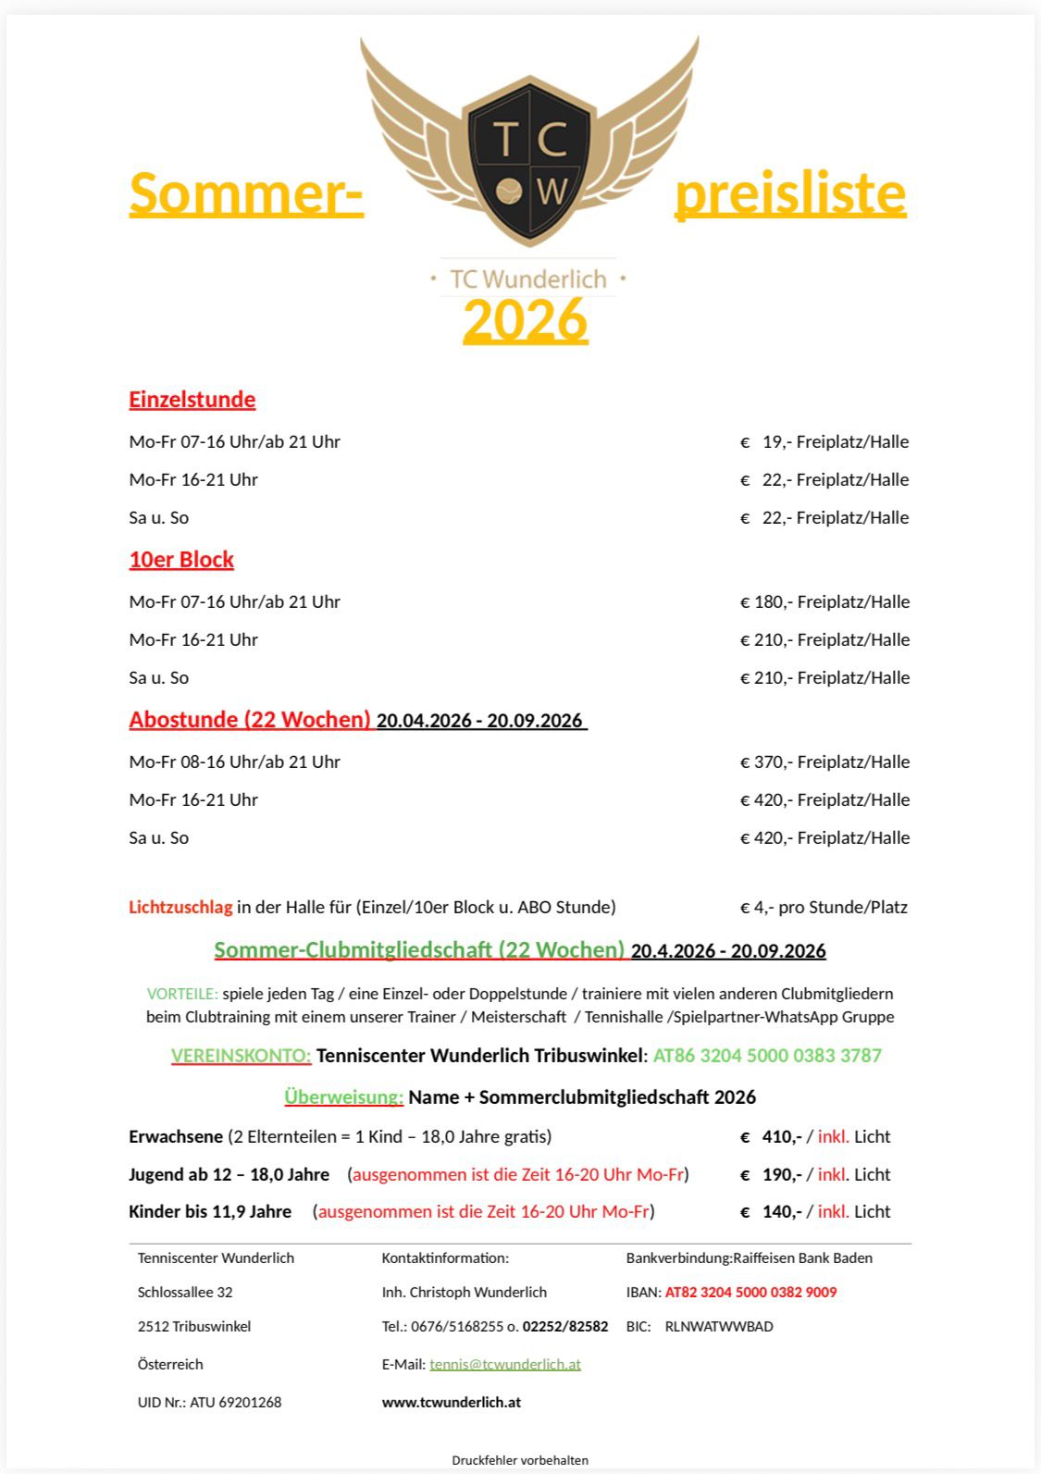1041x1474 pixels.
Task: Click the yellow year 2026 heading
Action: [x=526, y=320]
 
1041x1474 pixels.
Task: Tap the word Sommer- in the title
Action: [x=246, y=192]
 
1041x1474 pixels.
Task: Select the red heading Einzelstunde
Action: [x=192, y=400]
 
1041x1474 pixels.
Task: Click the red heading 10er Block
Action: [x=181, y=560]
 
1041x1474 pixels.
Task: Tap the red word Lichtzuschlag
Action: [x=180, y=908]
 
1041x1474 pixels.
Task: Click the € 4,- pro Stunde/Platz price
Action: [x=824, y=908]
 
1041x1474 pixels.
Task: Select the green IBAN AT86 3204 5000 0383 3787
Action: [x=767, y=1056]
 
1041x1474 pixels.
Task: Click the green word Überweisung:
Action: [x=344, y=1097]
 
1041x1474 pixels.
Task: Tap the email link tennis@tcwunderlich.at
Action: [x=505, y=1365]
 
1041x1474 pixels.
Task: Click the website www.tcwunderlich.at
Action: [x=452, y=1403]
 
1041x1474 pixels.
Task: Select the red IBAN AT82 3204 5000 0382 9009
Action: [x=750, y=1293]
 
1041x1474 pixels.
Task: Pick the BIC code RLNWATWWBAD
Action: [x=719, y=1327]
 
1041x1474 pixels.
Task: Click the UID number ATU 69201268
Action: [x=235, y=1403]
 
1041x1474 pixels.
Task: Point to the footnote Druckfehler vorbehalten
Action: [x=520, y=1460]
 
